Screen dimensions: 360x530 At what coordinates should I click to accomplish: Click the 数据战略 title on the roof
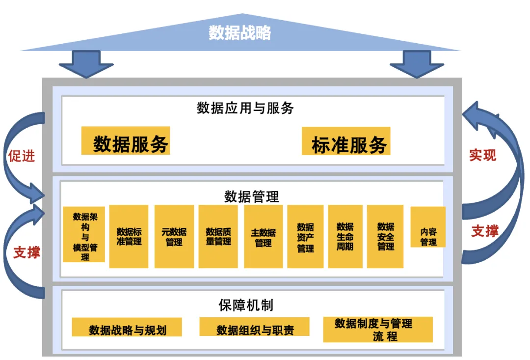239,33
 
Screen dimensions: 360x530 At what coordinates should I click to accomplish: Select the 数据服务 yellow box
126,141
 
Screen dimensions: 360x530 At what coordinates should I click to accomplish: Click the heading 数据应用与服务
245,108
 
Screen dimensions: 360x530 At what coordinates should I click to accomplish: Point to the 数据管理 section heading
251,197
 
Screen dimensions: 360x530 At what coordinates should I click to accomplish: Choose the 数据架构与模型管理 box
84,235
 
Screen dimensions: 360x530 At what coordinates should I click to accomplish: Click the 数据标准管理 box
129,236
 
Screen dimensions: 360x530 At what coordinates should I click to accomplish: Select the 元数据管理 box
174,236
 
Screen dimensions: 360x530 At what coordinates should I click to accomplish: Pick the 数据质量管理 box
218,236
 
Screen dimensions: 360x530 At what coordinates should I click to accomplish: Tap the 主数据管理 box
263,236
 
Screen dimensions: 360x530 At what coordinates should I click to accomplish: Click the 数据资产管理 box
305,236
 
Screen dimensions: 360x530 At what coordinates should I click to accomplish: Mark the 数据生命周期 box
345,236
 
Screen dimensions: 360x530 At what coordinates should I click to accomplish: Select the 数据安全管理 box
385,236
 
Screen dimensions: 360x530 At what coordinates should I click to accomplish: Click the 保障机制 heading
245,305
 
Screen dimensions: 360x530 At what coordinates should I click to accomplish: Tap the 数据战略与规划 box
127,328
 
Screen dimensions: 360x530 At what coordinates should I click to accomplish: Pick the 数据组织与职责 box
254,328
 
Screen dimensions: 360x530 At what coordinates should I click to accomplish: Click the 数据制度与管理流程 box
378,330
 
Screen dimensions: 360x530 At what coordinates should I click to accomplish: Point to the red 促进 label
22,156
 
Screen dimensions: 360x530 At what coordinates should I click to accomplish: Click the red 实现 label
482,155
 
